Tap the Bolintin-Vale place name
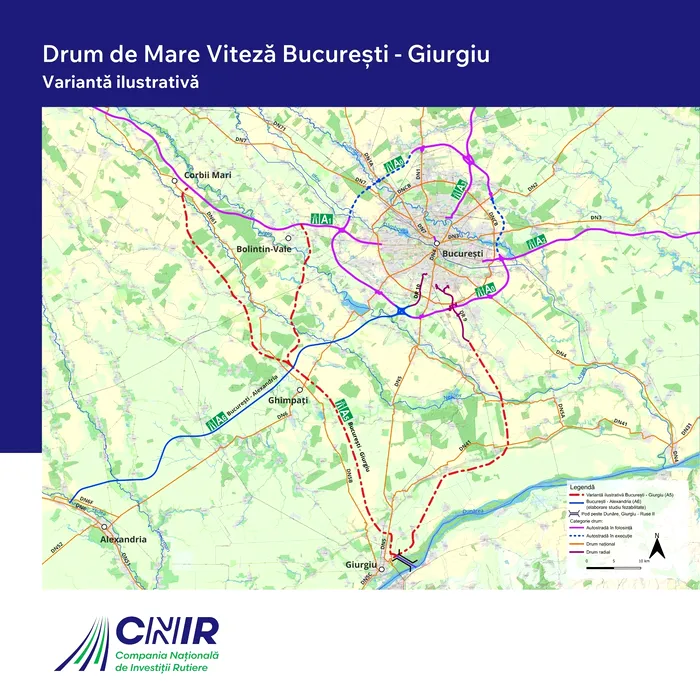[263, 249]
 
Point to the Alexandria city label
[124, 539]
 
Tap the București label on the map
[462, 254]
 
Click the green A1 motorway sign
[322, 219]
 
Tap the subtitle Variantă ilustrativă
[119, 81]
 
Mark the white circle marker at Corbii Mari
[175, 181]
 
